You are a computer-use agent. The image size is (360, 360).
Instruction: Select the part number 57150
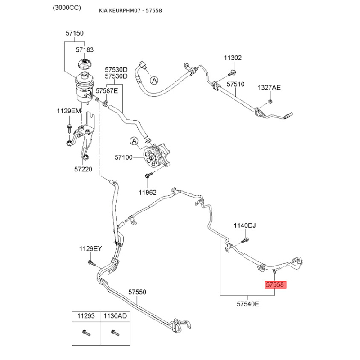[x=74, y=33]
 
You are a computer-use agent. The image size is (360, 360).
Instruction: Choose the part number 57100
[x=124, y=157]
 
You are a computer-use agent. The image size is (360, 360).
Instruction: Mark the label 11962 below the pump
[x=147, y=192]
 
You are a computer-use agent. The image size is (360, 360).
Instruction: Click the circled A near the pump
[x=134, y=142]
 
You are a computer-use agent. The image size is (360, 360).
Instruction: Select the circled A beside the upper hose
[x=154, y=81]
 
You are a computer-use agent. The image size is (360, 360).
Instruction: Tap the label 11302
[x=233, y=58]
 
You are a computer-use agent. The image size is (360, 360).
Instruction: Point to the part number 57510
[x=235, y=84]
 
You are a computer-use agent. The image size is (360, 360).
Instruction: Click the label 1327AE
[x=269, y=88]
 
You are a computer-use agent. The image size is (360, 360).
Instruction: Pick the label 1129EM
[x=69, y=111]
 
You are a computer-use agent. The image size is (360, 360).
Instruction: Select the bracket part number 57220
[x=83, y=170]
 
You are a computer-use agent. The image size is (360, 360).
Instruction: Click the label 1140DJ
[x=244, y=225]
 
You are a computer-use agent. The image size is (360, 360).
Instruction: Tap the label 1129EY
[x=91, y=248]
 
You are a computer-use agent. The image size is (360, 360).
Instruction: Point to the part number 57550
[x=137, y=292]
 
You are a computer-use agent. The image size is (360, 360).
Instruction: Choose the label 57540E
[x=248, y=304]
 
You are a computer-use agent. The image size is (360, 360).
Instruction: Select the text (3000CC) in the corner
[x=66, y=8]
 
